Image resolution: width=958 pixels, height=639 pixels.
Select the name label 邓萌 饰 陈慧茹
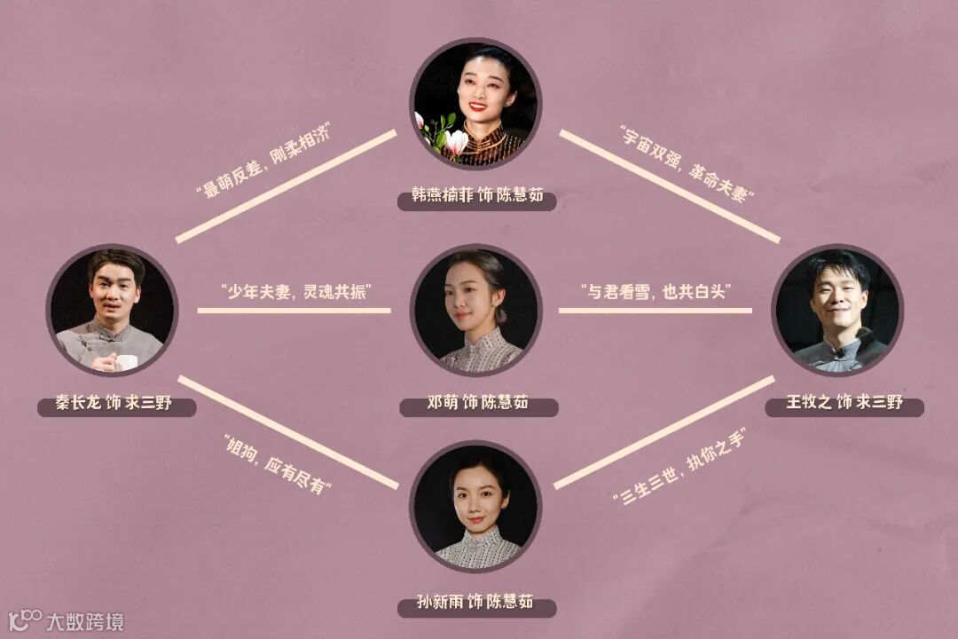pyautogui.click(x=477, y=404)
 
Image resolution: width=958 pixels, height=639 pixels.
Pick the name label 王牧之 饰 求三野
pyautogui.click(x=844, y=404)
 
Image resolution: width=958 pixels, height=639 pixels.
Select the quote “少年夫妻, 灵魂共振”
pyautogui.click(x=294, y=291)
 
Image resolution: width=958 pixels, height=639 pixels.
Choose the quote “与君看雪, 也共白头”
pyautogui.click(x=656, y=291)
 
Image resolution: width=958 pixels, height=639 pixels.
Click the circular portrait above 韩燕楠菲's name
pyautogui.click(x=475, y=102)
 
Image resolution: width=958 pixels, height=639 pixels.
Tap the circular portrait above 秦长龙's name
pyautogui.click(x=112, y=310)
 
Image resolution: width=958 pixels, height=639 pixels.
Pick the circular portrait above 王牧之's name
pyautogui.click(x=837, y=310)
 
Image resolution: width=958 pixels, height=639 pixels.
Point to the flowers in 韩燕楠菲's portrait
pyautogui.click(x=444, y=135)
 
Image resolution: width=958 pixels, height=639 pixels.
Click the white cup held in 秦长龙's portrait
pyautogui.click(x=126, y=361)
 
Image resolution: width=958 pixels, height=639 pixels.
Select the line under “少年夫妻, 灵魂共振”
pyautogui.click(x=294, y=311)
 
